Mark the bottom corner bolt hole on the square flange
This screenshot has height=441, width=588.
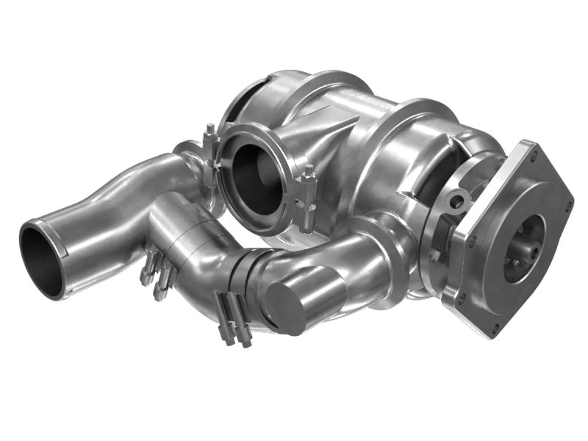(501, 327)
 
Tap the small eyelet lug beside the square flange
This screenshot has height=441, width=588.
(458, 200)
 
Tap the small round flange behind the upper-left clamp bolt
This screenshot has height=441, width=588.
(188, 151)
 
